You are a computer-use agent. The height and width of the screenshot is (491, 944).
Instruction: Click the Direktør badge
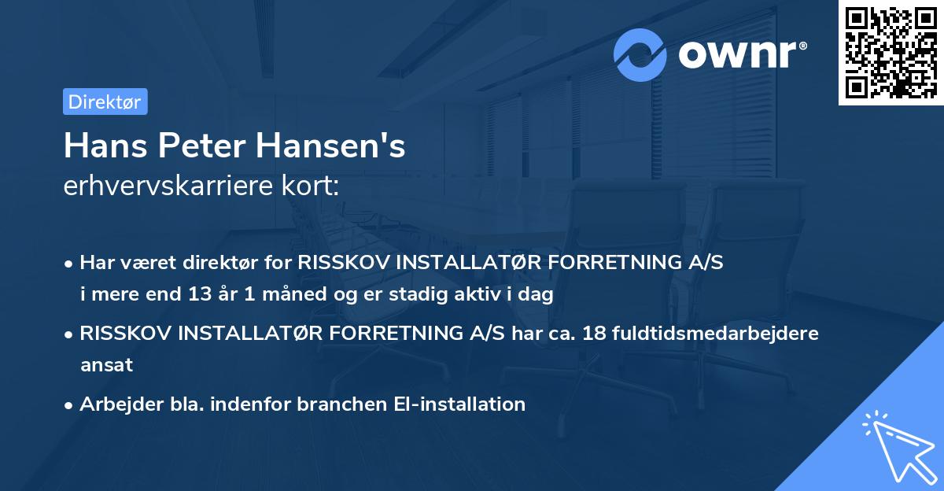(x=105, y=102)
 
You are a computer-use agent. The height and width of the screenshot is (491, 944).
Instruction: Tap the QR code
(x=891, y=52)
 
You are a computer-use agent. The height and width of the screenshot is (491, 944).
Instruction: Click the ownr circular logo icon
(x=640, y=55)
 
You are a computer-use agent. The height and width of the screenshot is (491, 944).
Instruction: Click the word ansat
(x=106, y=365)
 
